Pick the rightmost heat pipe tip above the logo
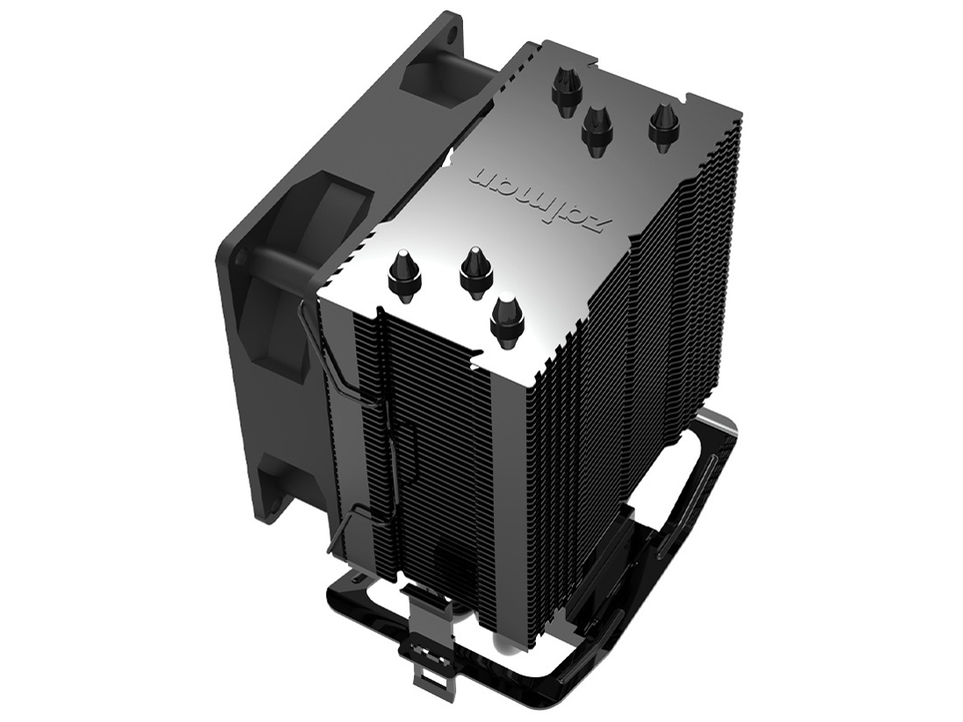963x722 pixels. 663,122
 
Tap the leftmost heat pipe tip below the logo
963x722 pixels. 403,272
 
